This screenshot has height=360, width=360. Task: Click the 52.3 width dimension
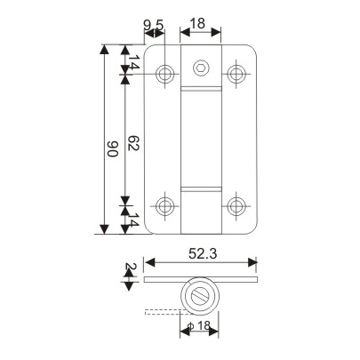(203, 254)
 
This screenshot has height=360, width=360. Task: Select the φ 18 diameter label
(200, 328)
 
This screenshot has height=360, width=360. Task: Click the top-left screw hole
(165, 73)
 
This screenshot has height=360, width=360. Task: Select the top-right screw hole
(236, 72)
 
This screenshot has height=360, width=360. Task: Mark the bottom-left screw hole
(165, 206)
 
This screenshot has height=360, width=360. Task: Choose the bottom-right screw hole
(236, 206)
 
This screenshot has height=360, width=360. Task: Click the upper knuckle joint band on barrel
(200, 90)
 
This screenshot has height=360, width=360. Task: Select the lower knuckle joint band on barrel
(200, 189)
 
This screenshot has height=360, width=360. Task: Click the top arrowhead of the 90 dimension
(105, 49)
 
